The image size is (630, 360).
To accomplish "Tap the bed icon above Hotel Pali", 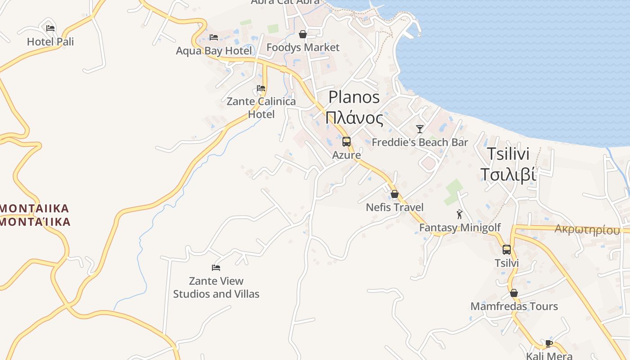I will click(x=50, y=28).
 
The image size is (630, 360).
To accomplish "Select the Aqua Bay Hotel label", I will click(x=214, y=51).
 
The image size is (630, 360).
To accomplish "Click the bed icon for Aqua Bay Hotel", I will click(x=214, y=37).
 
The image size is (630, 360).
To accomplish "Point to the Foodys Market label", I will click(x=303, y=47).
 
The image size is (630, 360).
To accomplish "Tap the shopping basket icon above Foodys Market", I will click(x=303, y=34).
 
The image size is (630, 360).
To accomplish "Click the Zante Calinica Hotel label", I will click(x=261, y=108).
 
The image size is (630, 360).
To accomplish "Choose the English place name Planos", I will click(x=354, y=97).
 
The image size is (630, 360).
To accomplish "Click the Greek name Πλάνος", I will click(x=354, y=118).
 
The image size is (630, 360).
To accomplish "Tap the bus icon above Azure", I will click(x=346, y=142).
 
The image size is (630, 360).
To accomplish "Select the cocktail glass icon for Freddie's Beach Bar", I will click(x=420, y=129).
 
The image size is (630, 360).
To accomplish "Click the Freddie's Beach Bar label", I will click(x=420, y=143).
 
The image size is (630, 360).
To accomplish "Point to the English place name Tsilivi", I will click(x=508, y=154).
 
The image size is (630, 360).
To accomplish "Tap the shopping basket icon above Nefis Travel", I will click(x=395, y=194).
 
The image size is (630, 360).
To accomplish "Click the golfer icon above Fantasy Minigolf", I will click(x=459, y=214).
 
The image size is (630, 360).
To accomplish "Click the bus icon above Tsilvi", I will click(x=507, y=250).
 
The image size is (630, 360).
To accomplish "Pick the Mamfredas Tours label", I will click(x=514, y=306).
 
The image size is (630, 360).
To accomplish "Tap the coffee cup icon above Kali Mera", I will click(x=549, y=343).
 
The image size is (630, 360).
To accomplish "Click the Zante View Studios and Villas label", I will click(x=216, y=288).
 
